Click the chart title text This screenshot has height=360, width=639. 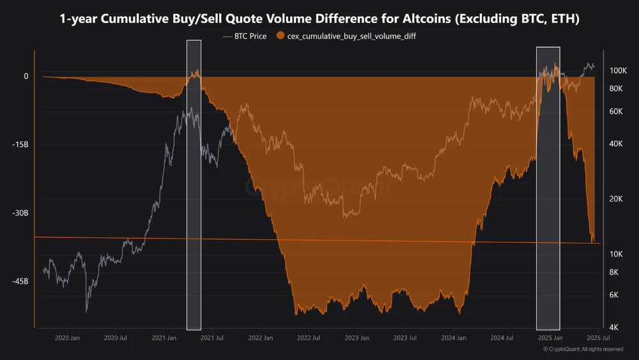[x=319, y=19]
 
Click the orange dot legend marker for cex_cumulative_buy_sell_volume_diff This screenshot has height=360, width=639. [x=281, y=36]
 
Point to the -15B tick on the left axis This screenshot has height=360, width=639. [x=22, y=145]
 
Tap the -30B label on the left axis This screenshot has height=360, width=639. [x=22, y=213]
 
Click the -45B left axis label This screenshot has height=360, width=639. [x=22, y=281]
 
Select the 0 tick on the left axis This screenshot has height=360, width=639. [x=26, y=76]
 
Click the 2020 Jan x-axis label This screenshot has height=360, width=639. [x=67, y=338]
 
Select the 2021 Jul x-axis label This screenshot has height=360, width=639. [x=211, y=338]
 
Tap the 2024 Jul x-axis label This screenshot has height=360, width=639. [x=502, y=338]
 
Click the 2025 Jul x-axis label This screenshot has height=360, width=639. [x=596, y=338]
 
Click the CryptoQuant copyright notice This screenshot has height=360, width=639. [x=583, y=349]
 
